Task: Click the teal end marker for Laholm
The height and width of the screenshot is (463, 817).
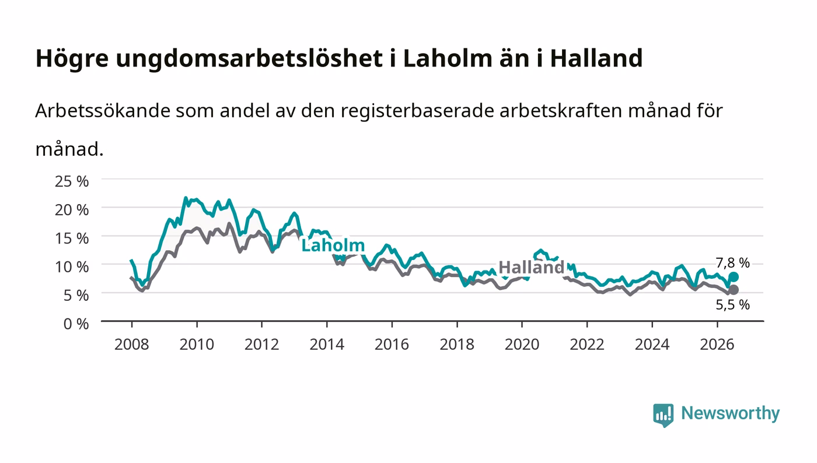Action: [x=734, y=277]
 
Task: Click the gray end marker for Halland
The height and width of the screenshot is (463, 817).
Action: [x=734, y=290]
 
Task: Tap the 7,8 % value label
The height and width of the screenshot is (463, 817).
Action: [x=732, y=263]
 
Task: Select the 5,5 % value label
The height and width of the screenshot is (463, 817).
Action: [x=732, y=304]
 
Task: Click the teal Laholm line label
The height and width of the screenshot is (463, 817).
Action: [x=333, y=245]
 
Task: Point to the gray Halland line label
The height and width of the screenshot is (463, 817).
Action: [x=532, y=267]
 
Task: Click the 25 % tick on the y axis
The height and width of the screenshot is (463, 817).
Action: [x=72, y=181]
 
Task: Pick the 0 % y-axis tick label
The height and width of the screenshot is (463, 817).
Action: [x=76, y=324]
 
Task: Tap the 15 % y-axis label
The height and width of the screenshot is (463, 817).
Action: [x=72, y=238]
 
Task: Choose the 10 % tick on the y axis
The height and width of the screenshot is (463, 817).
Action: [x=72, y=267]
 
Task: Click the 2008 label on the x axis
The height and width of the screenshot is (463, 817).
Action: [x=132, y=345]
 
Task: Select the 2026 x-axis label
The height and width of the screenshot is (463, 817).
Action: [x=717, y=345]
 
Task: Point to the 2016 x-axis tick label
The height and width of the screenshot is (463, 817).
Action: [x=392, y=345]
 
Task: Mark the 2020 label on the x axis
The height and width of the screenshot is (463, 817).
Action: [x=522, y=345]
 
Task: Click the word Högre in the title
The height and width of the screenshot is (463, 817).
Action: [x=72, y=59]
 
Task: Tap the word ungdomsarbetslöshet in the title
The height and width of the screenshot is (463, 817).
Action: [x=250, y=59]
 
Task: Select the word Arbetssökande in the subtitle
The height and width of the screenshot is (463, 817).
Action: [x=103, y=111]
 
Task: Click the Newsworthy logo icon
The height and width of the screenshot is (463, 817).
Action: [x=663, y=415]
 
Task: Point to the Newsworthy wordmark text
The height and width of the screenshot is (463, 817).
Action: [x=731, y=414]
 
